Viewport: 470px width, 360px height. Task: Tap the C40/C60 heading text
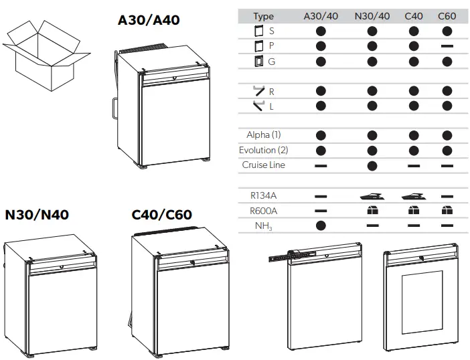[161, 215]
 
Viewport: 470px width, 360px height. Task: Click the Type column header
[263, 16]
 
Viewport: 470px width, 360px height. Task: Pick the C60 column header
[447, 16]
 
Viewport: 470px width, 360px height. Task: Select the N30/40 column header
[372, 16]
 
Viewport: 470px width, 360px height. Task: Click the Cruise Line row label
[263, 165]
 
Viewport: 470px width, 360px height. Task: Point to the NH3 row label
[263, 226]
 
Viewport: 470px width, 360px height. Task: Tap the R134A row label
[263, 195]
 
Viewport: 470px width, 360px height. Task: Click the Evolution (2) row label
[263, 150]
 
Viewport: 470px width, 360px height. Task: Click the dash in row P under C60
[447, 46]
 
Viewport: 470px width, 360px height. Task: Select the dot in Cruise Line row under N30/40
[372, 165]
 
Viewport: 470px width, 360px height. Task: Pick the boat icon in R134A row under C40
[414, 196]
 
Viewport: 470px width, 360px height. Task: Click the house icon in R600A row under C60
[447, 211]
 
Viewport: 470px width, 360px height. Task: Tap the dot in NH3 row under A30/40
[320, 226]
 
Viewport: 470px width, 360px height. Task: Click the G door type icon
[260, 62]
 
